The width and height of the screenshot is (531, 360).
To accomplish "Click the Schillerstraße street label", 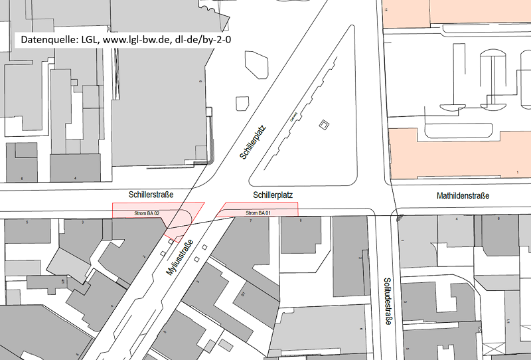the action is coord(151,195).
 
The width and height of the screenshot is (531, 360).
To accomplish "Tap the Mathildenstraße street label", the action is coord(463,196).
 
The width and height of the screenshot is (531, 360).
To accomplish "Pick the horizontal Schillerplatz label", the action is coord(273,195).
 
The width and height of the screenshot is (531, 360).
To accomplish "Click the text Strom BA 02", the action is coord(147,213).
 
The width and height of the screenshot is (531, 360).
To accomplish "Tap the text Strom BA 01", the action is coord(260,213).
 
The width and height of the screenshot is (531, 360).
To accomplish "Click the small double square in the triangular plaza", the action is coord(324,125).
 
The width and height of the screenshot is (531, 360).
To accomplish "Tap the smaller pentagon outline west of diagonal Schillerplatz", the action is coord(242,103).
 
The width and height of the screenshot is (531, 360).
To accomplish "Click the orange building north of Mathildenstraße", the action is coord(458,153).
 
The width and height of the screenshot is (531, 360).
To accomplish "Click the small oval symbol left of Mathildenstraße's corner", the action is coord(399,217).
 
